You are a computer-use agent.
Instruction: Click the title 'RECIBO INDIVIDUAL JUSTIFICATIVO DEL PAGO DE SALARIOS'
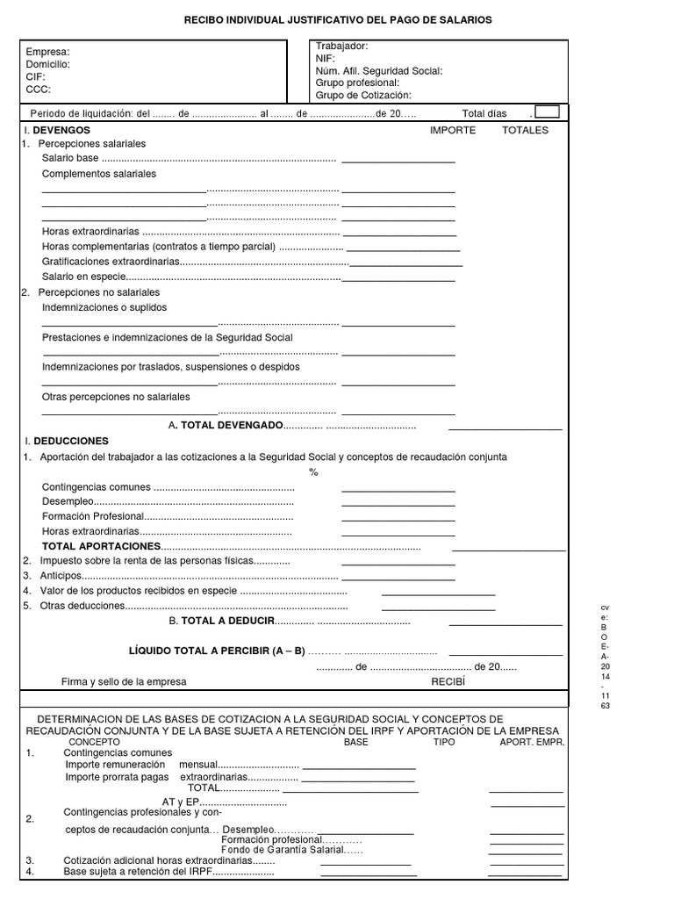[338, 18]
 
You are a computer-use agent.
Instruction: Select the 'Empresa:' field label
[47, 52]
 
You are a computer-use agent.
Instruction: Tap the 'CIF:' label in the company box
[36, 76]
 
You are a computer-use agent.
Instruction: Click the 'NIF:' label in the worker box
[326, 58]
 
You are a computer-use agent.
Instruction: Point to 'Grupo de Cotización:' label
[363, 95]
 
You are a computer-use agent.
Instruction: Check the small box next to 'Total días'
[546, 111]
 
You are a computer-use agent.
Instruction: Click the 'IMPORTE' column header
[453, 130]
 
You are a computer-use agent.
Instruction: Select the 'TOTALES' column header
[525, 130]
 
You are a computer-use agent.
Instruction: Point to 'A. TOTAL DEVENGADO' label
[226, 425]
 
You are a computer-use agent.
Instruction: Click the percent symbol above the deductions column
[313, 472]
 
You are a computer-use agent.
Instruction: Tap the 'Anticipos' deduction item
[61, 576]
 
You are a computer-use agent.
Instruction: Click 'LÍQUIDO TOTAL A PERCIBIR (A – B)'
[217, 651]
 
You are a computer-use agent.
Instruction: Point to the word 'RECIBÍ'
[447, 681]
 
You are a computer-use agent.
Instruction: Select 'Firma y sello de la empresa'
[124, 682]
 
